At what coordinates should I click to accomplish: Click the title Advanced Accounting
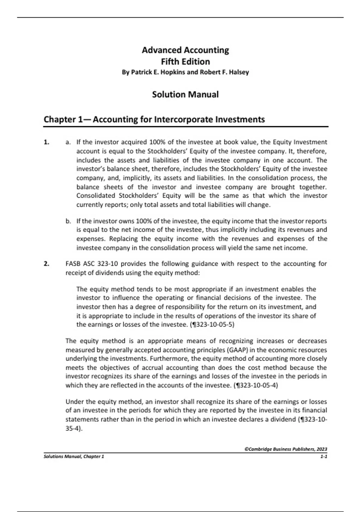pos(185,50)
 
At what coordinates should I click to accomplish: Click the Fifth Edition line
pos(185,62)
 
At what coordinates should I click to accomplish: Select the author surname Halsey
pos(238,72)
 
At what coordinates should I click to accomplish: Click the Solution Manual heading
pos(185,95)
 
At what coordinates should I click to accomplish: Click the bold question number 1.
pos(46,142)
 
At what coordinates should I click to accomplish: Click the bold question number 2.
pos(46,264)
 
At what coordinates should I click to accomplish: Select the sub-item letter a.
pos(68,142)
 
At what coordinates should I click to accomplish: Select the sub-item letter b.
pos(68,221)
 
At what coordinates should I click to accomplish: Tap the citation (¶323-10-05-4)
pos(256,385)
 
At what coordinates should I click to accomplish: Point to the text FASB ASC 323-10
pos(92,264)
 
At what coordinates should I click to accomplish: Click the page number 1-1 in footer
pos(324,457)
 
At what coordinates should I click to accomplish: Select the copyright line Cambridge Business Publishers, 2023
pos(286,449)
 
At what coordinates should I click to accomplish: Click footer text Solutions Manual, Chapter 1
pos(74,457)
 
